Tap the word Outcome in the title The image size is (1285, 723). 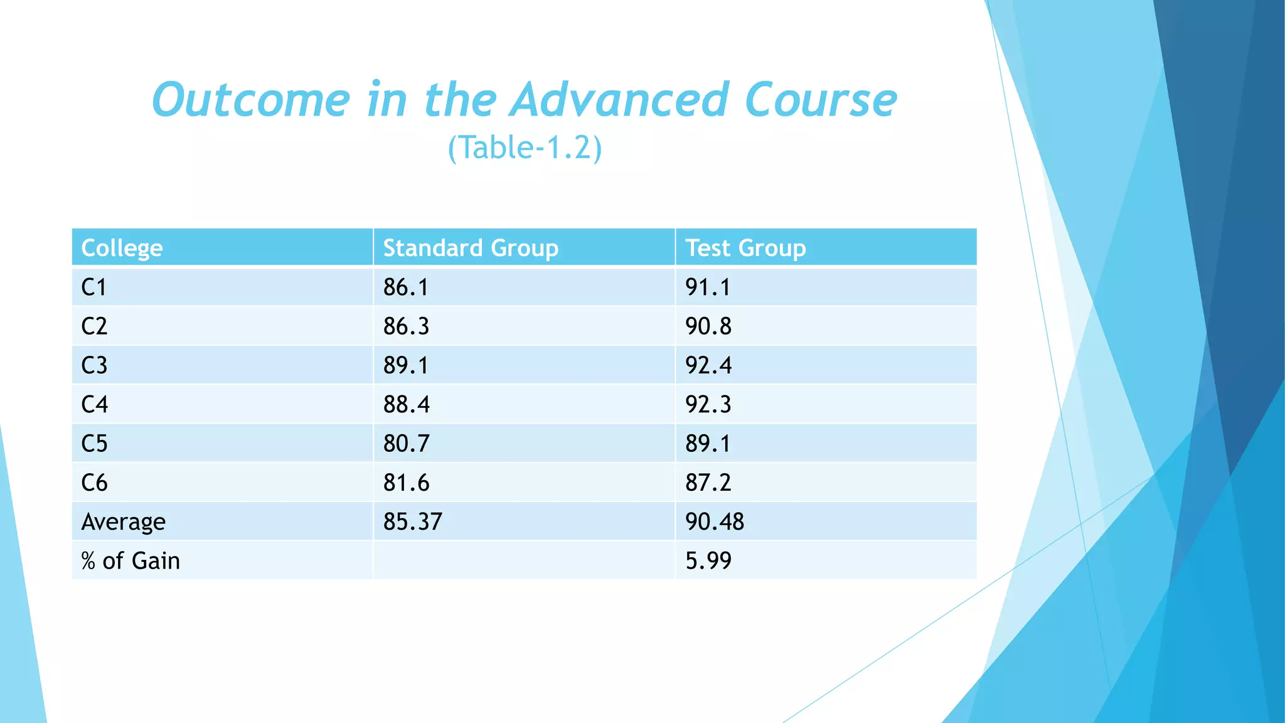(251, 100)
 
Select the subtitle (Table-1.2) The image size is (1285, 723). (525, 148)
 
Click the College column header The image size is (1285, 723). (122, 248)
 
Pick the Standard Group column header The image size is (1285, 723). (471, 248)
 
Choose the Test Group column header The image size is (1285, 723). (745, 248)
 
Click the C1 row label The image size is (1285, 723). (94, 287)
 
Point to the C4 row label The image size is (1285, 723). (95, 404)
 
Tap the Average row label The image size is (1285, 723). (124, 522)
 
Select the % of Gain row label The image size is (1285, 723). (131, 560)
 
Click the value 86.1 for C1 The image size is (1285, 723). (406, 287)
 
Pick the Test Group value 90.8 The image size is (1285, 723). (708, 326)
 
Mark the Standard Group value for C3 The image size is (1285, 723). (406, 365)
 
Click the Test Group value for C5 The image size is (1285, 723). (708, 444)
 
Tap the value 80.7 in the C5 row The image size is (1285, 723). (407, 444)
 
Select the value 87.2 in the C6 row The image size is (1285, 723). (708, 483)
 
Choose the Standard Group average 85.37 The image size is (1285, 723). (413, 522)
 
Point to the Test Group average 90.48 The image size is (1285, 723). (715, 522)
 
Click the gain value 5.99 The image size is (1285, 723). (708, 560)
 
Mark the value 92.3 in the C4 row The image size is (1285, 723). (708, 404)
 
